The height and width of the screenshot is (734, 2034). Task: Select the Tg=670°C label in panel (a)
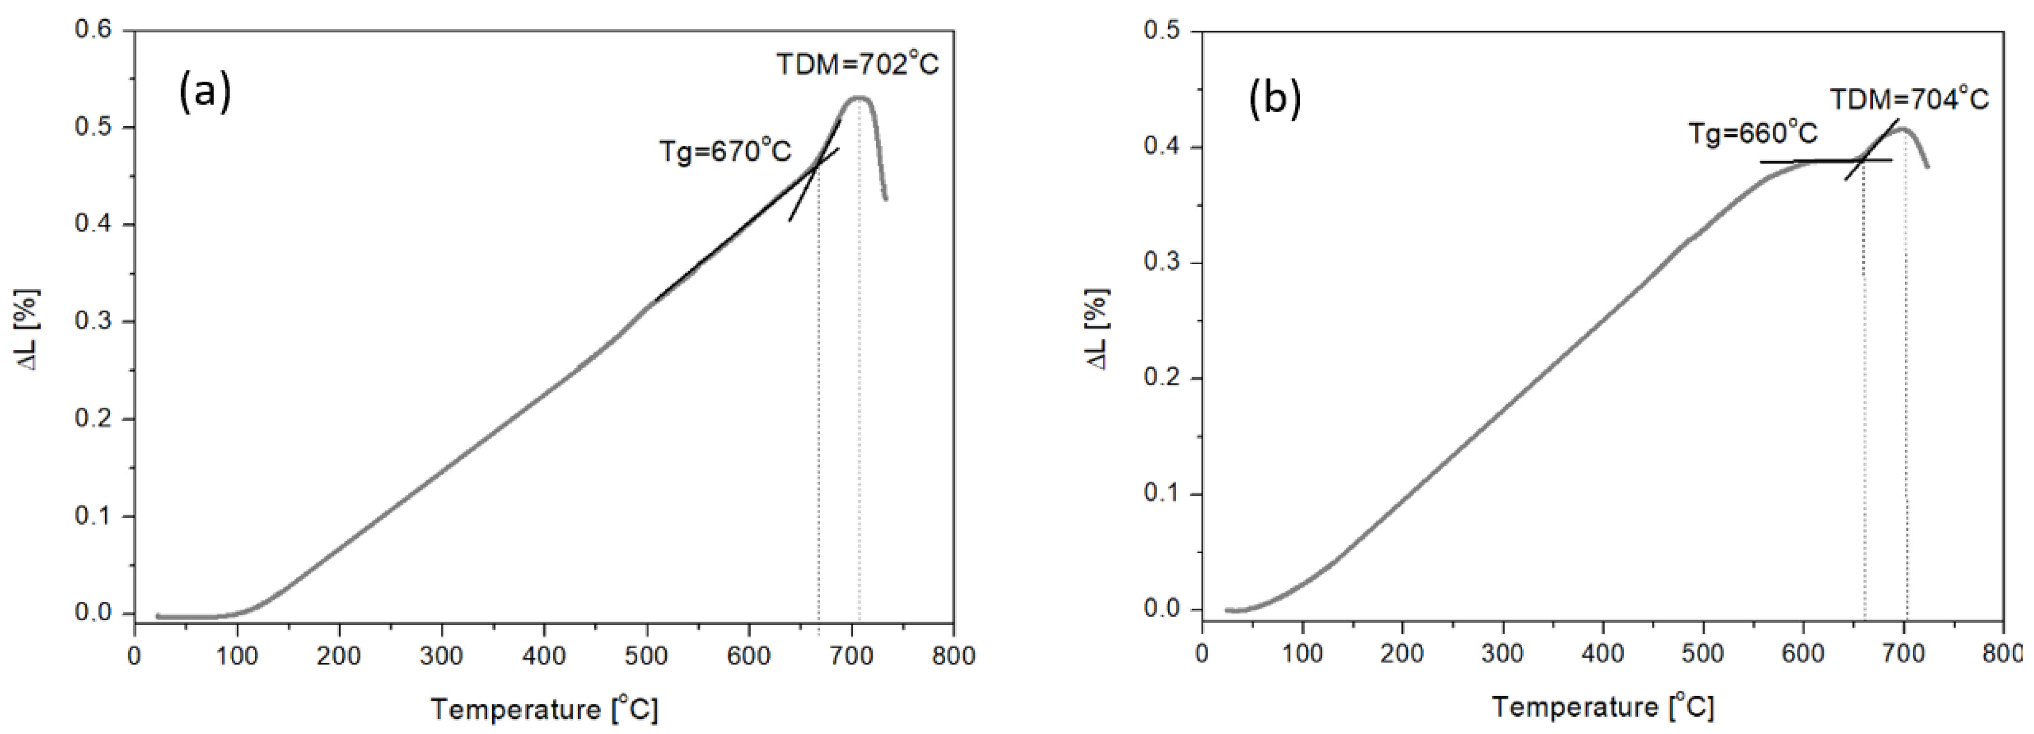pos(725,151)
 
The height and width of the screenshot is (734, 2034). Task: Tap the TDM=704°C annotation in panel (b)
pos(1909,100)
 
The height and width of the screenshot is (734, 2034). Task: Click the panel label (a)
pos(205,92)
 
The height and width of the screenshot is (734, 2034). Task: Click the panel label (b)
pos(1275,101)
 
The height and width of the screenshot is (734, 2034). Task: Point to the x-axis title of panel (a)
pos(544,709)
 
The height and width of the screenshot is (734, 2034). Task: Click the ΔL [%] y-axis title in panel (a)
pos(29,330)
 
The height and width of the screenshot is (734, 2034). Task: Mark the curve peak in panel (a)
pos(859,99)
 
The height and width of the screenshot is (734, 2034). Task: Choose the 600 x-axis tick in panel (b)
pos(1803,654)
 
